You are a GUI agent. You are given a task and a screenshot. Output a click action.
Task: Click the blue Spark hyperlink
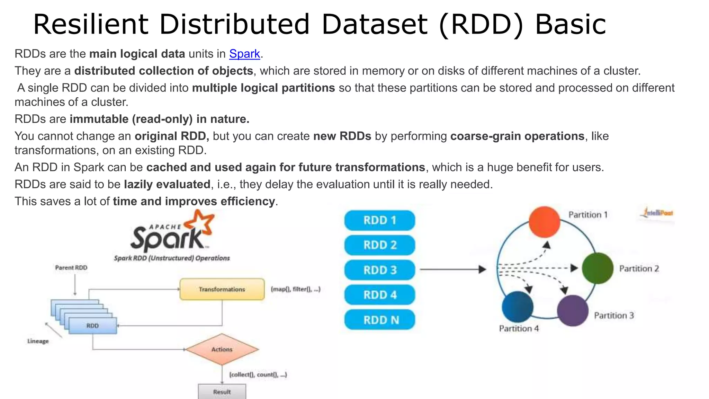click(x=244, y=54)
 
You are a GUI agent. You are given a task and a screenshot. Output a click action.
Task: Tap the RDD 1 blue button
click(x=379, y=220)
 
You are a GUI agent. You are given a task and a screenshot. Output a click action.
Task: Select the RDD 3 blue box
click(x=379, y=270)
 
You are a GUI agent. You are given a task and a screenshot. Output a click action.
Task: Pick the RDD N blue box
click(x=379, y=320)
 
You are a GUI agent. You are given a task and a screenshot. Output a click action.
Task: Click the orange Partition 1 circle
click(x=544, y=222)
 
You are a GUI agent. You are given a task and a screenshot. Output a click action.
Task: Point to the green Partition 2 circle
click(x=598, y=268)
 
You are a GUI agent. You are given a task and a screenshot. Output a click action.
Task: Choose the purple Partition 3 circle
click(x=573, y=311)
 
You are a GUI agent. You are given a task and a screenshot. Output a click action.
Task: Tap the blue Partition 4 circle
click(x=518, y=307)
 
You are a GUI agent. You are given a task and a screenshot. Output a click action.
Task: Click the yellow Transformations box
click(x=222, y=289)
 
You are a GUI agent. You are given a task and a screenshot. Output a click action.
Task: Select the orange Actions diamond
click(x=222, y=349)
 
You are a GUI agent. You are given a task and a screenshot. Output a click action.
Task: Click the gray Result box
click(x=222, y=392)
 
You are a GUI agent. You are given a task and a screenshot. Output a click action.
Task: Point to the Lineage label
click(x=38, y=341)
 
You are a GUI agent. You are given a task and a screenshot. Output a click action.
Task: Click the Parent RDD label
click(x=71, y=268)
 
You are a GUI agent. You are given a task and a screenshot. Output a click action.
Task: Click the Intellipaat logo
click(x=658, y=213)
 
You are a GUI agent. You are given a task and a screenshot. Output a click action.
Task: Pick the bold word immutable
click(x=99, y=119)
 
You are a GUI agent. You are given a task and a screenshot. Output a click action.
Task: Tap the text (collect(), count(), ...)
click(x=258, y=374)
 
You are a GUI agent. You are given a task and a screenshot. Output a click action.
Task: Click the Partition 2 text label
click(x=639, y=268)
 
